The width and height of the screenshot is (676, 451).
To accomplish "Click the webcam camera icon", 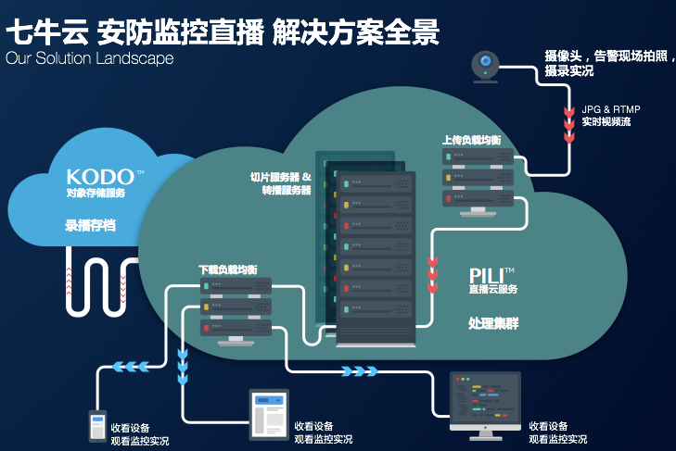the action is tap(486, 67).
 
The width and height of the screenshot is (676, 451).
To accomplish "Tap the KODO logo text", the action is tap(100, 177).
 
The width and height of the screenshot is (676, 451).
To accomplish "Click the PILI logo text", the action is tap(487, 276).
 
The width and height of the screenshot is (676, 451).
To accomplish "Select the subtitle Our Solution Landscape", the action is tap(90, 58).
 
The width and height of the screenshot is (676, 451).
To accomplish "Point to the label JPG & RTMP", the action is tap(611, 109).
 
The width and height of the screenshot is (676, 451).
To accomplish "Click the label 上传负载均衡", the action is tap(472, 141).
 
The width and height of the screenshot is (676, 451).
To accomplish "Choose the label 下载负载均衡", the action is tap(227, 270).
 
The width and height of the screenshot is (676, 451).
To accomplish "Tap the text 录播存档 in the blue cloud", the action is tap(90, 225).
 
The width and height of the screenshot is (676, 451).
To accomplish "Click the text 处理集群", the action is tap(493, 323).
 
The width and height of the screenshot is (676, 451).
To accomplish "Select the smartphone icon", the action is tap(98, 426).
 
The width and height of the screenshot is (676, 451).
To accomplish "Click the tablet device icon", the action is tap(269, 415).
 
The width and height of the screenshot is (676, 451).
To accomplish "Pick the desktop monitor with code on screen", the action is tap(485, 406).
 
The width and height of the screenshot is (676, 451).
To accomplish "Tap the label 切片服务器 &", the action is tap(281, 177).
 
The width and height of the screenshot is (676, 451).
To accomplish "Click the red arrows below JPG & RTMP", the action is tap(569, 124).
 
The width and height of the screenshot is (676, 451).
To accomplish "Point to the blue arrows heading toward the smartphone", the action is tap(131, 367).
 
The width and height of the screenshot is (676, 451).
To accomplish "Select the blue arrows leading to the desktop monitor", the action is tap(360, 370).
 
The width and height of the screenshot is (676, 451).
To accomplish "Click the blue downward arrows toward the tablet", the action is tap(183, 367).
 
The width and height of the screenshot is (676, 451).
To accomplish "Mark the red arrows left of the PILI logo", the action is tap(432, 274).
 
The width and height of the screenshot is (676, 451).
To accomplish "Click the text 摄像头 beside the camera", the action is tap(563, 56).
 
